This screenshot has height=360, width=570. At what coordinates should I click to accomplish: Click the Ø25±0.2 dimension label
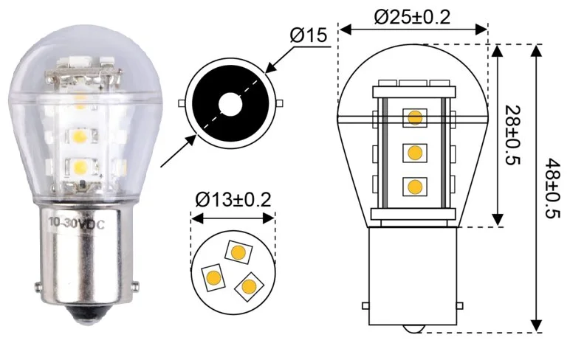click(412, 16)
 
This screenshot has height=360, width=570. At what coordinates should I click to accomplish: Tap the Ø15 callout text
click(309, 35)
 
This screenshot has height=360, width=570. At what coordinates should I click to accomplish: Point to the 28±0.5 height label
click(512, 135)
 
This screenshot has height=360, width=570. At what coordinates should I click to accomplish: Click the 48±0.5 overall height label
click(552, 187)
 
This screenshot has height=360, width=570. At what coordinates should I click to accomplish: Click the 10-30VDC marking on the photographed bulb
click(76, 224)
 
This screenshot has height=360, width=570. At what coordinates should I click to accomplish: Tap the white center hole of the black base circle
click(230, 103)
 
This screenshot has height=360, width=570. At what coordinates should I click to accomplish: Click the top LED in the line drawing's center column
click(415, 118)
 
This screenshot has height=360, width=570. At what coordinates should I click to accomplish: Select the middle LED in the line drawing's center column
click(415, 153)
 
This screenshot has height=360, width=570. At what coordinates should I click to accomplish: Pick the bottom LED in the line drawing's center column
click(415, 187)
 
